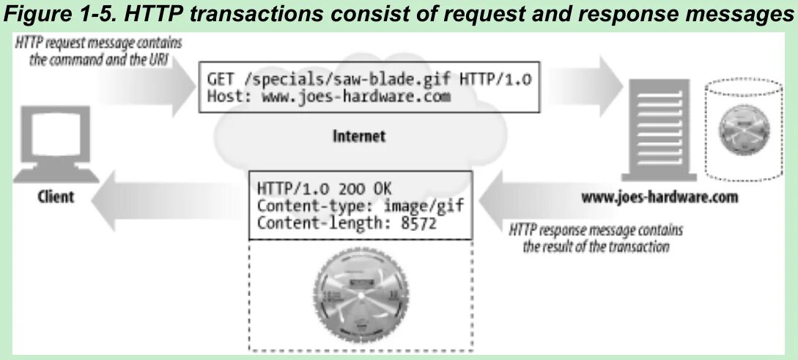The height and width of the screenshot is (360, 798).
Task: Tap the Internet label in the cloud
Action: click(x=359, y=136)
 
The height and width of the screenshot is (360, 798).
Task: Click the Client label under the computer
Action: click(x=56, y=197)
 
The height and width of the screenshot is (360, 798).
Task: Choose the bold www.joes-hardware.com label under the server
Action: click(x=660, y=197)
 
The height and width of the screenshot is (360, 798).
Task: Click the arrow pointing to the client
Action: click(x=165, y=198)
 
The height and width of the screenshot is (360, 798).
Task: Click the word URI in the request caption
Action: click(x=159, y=60)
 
